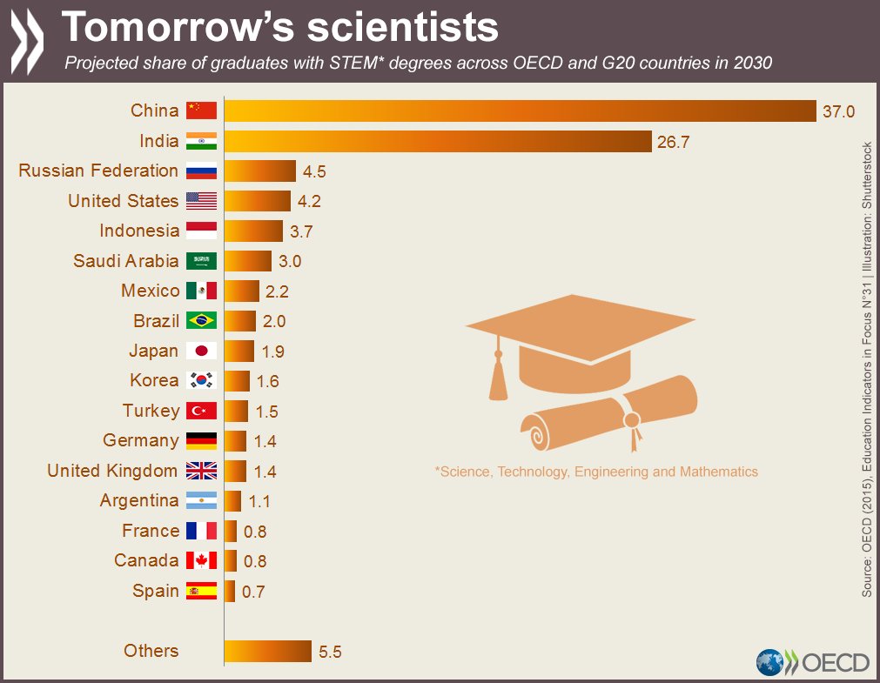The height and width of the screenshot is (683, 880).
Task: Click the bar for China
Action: pyautogui.click(x=521, y=110)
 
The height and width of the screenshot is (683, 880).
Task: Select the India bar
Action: pyautogui.click(x=438, y=141)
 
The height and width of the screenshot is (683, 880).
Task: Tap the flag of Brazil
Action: pyautogui.click(x=201, y=321)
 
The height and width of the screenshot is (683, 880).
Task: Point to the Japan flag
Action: pyautogui.click(x=201, y=351)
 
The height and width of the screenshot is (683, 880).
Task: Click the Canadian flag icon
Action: pyautogui.click(x=201, y=560)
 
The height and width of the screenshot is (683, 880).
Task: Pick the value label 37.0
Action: pyautogui.click(x=839, y=111)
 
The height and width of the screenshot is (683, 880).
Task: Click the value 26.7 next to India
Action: pyautogui.click(x=673, y=142)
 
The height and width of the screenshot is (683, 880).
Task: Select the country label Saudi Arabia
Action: pyautogui.click(x=125, y=261)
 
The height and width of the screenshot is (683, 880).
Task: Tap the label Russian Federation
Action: pyautogui.click(x=98, y=171)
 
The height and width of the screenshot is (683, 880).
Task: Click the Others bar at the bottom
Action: pyautogui.click(x=267, y=651)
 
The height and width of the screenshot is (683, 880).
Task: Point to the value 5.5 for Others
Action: pyautogui.click(x=330, y=652)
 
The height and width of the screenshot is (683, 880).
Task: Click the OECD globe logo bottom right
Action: pyautogui.click(x=770, y=662)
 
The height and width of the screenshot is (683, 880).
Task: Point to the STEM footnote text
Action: pyautogui.click(x=596, y=472)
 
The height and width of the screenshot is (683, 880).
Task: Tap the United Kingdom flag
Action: pyautogui.click(x=201, y=471)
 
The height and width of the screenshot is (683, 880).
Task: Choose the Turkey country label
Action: pyautogui.click(x=151, y=411)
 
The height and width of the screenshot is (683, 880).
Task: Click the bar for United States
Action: pyautogui.click(x=257, y=201)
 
